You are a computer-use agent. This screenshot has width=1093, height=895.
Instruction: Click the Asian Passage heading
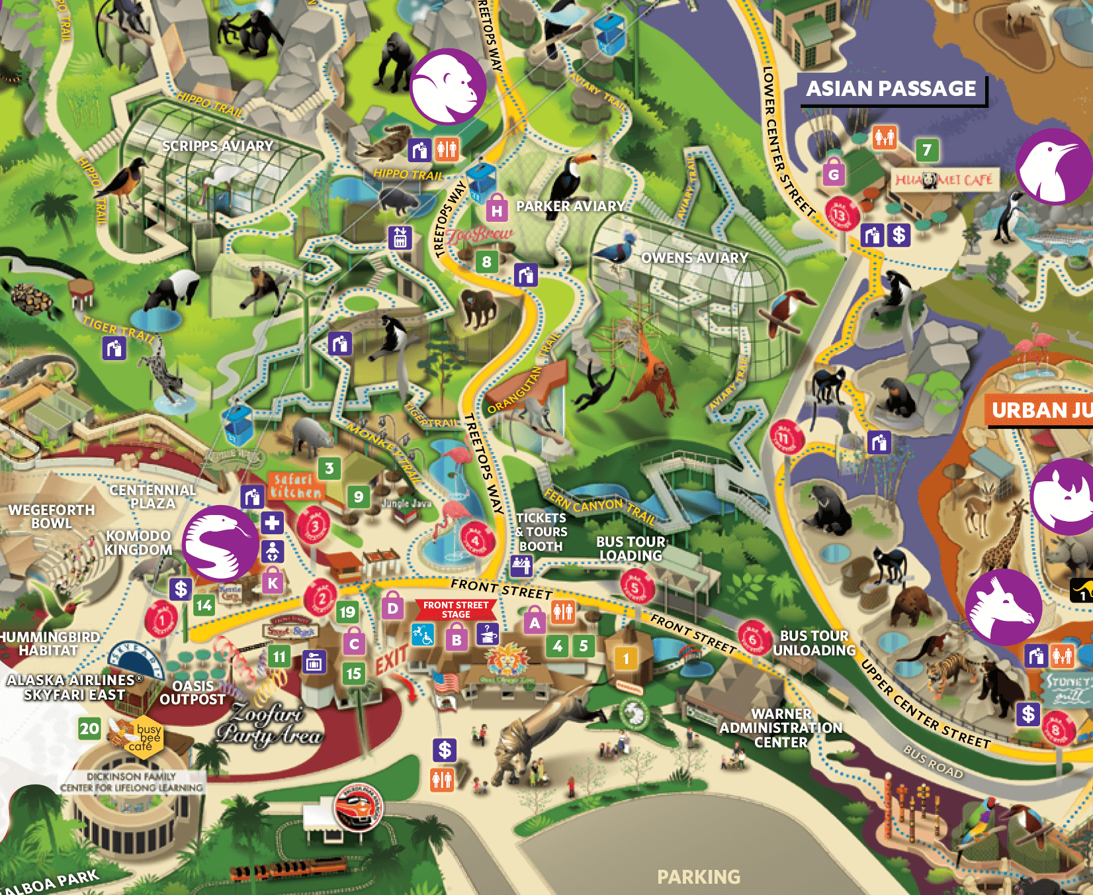(891, 89)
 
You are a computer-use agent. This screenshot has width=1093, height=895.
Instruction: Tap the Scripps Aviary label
(217, 146)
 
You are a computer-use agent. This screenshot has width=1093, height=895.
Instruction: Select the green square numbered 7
(927, 150)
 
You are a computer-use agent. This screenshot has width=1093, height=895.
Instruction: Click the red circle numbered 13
(840, 214)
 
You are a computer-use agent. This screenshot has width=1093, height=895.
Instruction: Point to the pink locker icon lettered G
(834, 173)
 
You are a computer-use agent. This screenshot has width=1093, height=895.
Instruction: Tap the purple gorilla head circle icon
(448, 86)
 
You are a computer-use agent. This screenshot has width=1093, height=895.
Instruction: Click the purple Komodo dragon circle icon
(220, 543)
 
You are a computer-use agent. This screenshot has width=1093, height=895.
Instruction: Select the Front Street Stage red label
(456, 610)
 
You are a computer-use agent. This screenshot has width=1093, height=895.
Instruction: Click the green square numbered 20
(89, 729)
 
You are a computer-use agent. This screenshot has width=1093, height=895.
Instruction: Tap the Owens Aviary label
(695, 258)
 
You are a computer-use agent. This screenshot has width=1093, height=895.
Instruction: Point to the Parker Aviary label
(570, 206)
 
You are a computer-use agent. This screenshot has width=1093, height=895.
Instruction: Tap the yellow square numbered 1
(626, 658)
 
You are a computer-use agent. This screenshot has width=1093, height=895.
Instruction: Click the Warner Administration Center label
(781, 728)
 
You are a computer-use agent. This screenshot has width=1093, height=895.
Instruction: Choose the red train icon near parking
(358, 806)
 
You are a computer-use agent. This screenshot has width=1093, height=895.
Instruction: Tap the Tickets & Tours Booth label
(541, 532)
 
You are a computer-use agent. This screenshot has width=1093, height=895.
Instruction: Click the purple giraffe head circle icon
(1003, 606)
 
